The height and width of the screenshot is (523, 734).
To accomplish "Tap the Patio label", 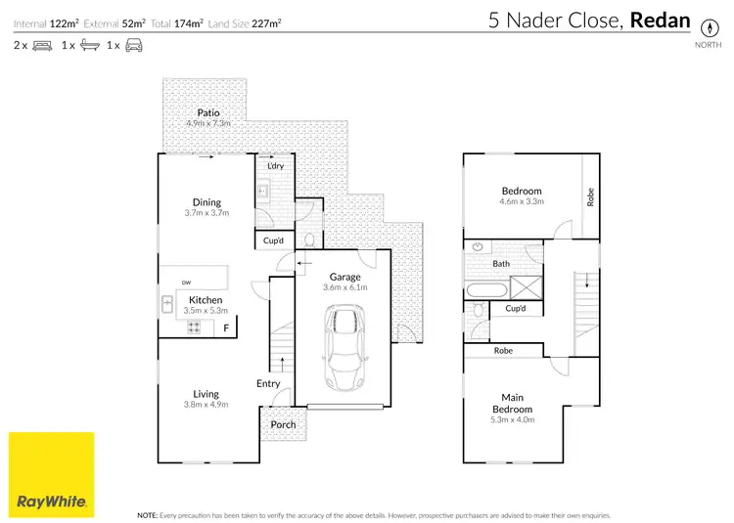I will (207, 112).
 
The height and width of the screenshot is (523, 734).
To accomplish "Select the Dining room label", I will (206, 202).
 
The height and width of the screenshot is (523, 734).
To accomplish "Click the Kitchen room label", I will (206, 299).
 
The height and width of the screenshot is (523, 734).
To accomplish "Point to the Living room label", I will (206, 394).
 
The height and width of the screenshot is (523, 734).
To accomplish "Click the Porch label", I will (283, 424).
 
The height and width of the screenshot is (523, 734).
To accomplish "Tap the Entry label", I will (268, 383).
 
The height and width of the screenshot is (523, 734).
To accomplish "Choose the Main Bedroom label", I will (512, 403).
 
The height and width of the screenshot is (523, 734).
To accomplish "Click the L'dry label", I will (275, 166).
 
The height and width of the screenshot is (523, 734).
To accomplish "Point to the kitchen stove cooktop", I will (194, 327).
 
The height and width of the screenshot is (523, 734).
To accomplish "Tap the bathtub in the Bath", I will (486, 289).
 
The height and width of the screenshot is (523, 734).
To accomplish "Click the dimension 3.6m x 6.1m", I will (344, 288).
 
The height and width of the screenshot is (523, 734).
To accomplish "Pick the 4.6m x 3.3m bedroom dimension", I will (522, 202).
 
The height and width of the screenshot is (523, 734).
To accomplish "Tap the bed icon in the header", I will (43, 45).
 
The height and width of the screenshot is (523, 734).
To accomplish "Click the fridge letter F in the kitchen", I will (226, 327).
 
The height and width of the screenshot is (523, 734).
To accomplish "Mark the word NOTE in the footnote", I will (148, 514).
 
